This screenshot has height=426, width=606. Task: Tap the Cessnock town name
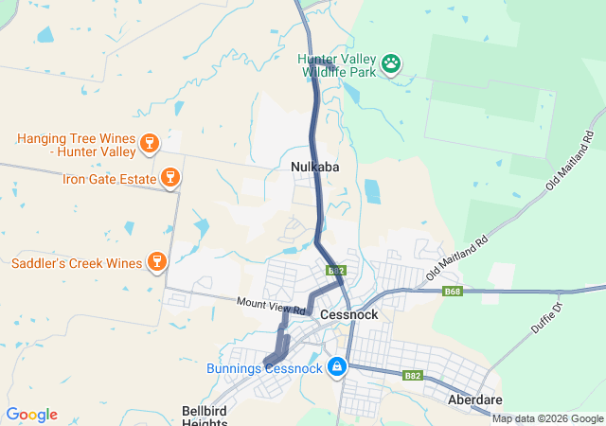pos(348,313)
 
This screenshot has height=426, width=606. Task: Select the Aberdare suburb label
pos(474,400)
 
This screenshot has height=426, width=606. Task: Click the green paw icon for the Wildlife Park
pos(391,64)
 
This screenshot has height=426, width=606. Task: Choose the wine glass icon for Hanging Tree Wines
pos(148,144)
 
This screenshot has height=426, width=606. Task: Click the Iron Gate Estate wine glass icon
pos(170,177)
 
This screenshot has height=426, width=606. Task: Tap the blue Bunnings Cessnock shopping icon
pos(336,366)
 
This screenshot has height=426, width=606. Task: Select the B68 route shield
pos(453,292)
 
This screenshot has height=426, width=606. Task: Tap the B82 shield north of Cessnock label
pos(335,271)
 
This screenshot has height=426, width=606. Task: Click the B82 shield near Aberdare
pos(411,375)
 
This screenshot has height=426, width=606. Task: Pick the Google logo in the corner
pos(31,415)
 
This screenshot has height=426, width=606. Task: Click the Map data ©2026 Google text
pos(547,418)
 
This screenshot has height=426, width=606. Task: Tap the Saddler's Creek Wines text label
pos(76,261)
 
